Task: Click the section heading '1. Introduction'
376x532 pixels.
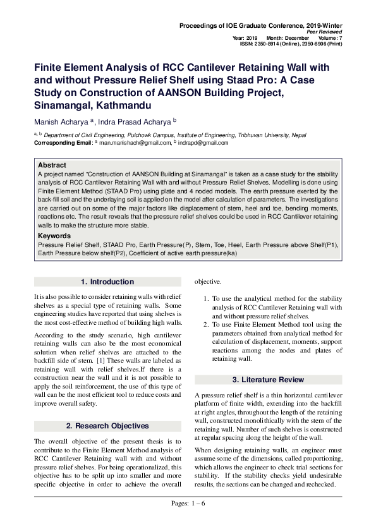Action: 107,282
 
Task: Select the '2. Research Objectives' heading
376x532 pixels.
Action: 107,426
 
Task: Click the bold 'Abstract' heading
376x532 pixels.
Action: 52,165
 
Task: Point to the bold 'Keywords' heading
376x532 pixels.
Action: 54,235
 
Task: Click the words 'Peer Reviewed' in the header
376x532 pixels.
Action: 324,32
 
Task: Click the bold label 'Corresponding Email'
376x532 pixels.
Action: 63,143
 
